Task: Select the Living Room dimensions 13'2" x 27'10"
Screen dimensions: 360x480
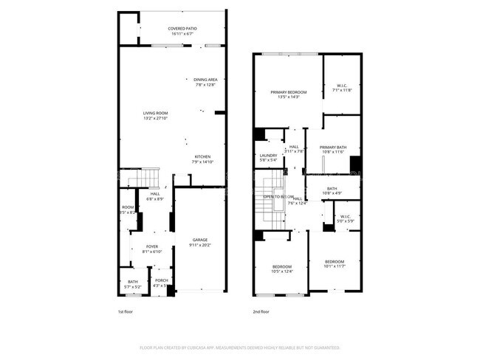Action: (x=155, y=118)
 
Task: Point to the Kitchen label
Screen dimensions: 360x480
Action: (x=203, y=156)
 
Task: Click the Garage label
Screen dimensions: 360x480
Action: (x=200, y=239)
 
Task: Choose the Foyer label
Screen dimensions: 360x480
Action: (x=151, y=247)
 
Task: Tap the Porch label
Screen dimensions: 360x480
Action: (x=161, y=280)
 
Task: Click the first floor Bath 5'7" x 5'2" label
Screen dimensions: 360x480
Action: (x=132, y=281)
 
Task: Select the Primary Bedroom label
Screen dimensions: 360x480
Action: (x=288, y=91)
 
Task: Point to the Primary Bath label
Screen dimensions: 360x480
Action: (x=332, y=147)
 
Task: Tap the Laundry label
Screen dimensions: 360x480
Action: (x=267, y=155)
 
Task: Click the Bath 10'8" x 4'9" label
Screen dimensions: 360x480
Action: (x=332, y=188)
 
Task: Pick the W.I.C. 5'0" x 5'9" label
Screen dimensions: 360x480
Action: (x=346, y=217)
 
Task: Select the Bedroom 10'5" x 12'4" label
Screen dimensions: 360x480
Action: (x=281, y=266)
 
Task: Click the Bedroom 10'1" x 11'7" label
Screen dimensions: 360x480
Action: (x=335, y=262)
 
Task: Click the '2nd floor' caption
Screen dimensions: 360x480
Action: (x=261, y=311)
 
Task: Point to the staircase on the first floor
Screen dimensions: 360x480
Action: (x=143, y=178)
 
